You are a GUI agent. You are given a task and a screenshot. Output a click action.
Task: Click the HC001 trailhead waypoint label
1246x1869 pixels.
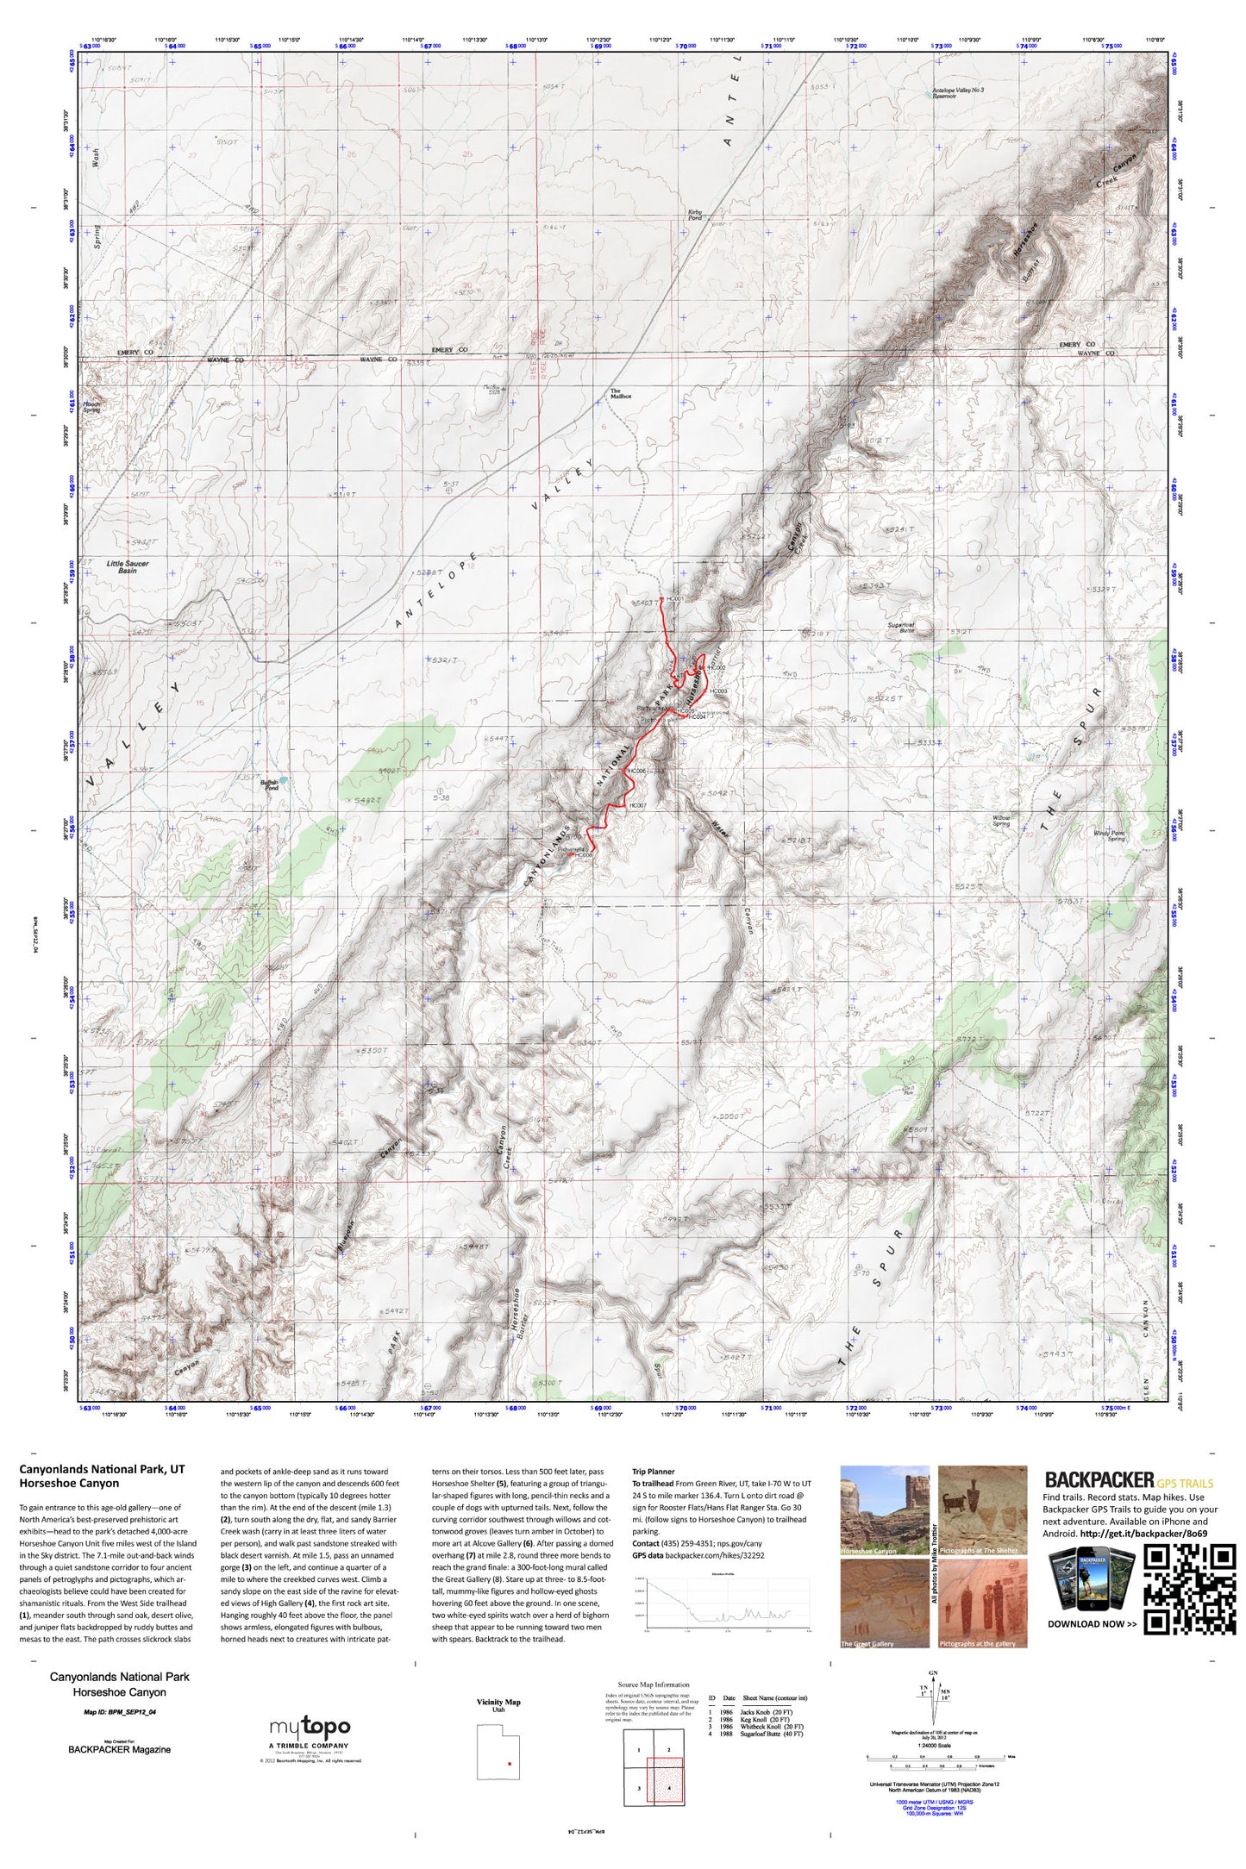pyautogui.click(x=675, y=598)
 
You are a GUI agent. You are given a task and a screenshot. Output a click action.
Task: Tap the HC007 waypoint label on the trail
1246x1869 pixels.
pyautogui.click(x=638, y=805)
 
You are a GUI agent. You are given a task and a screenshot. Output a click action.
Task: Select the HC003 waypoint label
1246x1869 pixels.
pyautogui.click(x=718, y=691)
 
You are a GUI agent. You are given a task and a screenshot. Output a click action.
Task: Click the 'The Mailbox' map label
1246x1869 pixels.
pyautogui.click(x=621, y=394)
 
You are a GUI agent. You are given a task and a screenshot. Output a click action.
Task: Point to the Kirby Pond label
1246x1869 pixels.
pyautogui.click(x=695, y=215)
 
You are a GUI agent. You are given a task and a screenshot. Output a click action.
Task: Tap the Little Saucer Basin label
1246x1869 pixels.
pyautogui.click(x=128, y=566)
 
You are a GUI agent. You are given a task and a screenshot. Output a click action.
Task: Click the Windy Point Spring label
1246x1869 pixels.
pyautogui.click(x=1109, y=835)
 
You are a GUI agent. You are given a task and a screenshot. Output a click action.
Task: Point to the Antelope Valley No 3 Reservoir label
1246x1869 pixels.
pyautogui.click(x=957, y=93)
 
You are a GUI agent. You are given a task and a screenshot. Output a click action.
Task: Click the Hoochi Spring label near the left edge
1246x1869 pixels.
pyautogui.click(x=91, y=408)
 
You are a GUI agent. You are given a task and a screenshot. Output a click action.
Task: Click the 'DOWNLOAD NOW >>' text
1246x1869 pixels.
pyautogui.click(x=1092, y=1623)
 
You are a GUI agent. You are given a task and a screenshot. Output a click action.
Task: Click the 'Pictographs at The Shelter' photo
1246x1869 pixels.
pyautogui.click(x=982, y=1510)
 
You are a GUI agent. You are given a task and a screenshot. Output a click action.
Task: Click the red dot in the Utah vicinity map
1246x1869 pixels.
pyautogui.click(x=510, y=1764)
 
